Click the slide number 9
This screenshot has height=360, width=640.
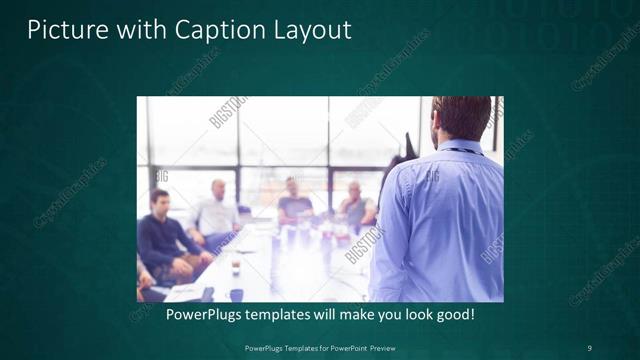coord(589,348)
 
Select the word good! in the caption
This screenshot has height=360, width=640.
coord(453,314)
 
